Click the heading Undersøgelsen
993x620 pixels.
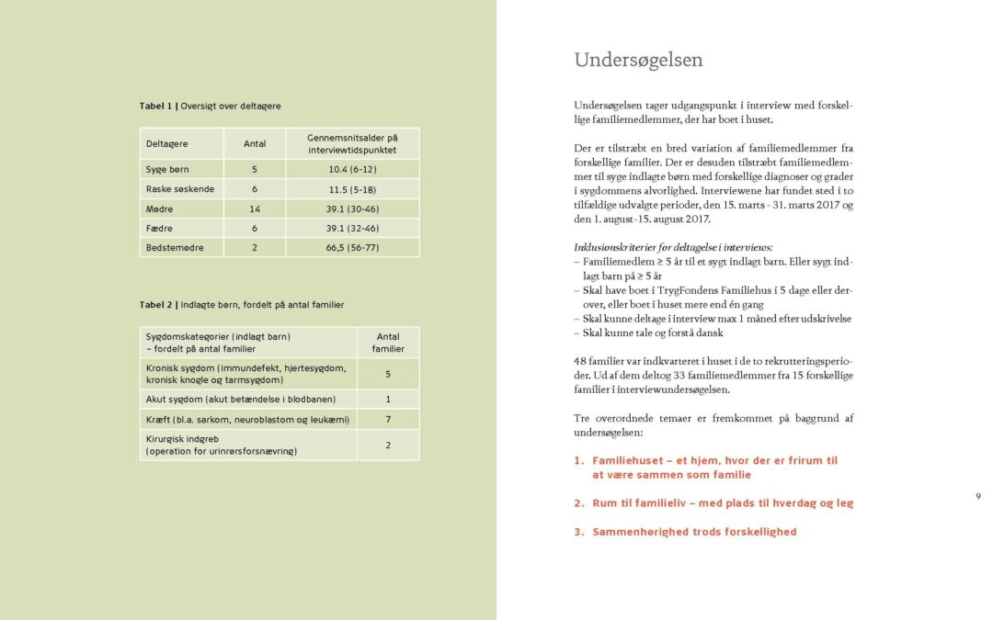(x=638, y=61)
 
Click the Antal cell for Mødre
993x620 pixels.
(x=255, y=209)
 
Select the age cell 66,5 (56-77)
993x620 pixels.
(x=352, y=248)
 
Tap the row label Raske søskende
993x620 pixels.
(x=180, y=189)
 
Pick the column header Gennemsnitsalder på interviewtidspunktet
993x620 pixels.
(x=352, y=143)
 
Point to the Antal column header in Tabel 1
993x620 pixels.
(x=255, y=143)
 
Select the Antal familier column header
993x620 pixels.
(x=388, y=343)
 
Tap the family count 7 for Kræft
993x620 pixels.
(x=388, y=419)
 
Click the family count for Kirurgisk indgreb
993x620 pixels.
(x=388, y=445)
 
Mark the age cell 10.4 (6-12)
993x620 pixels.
(x=352, y=170)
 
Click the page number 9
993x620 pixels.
(x=977, y=496)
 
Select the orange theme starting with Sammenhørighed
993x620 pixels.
(x=694, y=532)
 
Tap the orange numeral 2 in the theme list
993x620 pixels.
(x=579, y=503)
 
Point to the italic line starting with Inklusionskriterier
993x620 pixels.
(x=673, y=248)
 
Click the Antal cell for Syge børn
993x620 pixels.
(x=255, y=170)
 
